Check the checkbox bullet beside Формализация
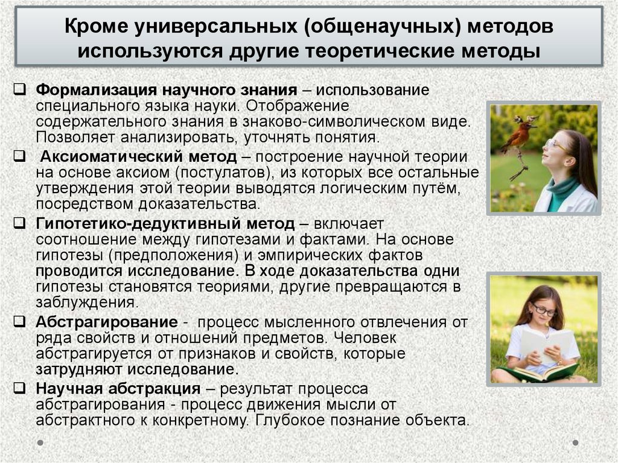point(20,90)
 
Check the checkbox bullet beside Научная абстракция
point(20,388)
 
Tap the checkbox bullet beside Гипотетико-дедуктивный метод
point(20,223)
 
